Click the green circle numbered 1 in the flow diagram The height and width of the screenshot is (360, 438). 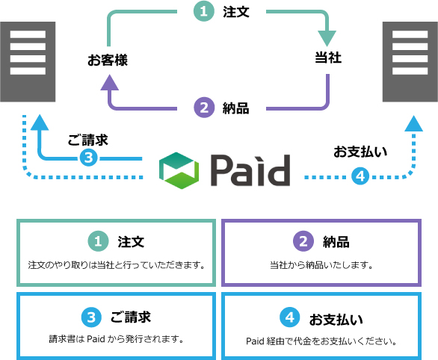203,13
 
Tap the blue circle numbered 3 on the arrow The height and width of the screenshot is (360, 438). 88,158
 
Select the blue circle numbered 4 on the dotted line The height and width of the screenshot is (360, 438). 360,176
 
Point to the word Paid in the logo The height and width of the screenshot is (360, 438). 250,171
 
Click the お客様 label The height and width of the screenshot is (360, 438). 108,60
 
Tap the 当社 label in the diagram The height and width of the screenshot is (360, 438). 327,58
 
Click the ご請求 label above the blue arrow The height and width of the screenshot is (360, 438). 87,140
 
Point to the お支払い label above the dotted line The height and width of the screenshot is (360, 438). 360,152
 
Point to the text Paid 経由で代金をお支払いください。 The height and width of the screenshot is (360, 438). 321,342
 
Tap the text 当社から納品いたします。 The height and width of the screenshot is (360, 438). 321,265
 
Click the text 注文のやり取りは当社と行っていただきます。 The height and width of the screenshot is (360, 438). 116,265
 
